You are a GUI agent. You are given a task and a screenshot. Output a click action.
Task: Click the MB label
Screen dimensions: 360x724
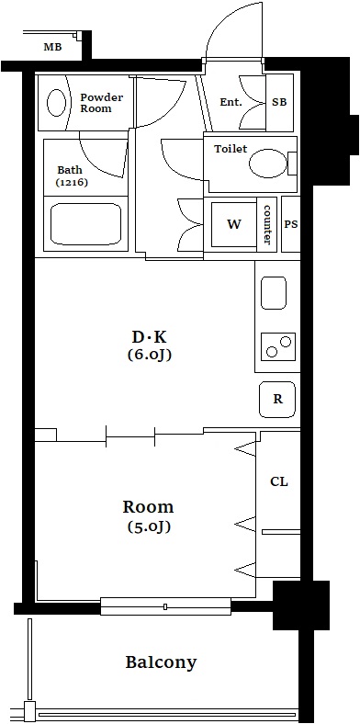click(x=52, y=47)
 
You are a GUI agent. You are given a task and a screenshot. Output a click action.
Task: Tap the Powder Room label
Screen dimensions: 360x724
click(x=102, y=103)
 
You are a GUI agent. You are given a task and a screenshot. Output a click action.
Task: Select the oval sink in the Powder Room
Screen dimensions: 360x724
click(x=57, y=103)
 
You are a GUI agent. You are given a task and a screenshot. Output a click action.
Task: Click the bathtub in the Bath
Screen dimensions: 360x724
click(x=85, y=224)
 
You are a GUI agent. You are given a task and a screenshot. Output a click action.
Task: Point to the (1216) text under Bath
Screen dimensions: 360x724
click(x=72, y=182)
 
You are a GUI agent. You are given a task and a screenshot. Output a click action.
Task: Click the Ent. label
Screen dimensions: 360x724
click(x=231, y=102)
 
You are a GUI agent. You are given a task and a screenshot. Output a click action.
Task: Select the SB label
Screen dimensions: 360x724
click(x=279, y=102)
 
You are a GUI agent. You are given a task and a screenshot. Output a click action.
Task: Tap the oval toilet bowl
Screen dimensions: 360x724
click(x=268, y=163)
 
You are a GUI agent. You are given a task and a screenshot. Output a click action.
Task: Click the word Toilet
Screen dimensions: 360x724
click(x=231, y=149)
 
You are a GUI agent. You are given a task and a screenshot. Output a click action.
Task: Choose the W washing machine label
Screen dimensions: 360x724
click(x=234, y=224)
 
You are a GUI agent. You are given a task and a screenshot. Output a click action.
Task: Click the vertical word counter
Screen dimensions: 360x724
click(x=266, y=224)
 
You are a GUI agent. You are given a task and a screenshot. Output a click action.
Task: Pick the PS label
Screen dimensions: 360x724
click(x=291, y=224)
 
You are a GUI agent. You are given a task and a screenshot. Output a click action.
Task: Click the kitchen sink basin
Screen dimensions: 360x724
click(x=274, y=293)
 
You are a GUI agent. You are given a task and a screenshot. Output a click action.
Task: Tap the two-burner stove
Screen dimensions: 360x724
click(x=278, y=346)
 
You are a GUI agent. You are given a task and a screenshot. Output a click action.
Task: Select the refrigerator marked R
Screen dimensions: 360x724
click(x=277, y=400)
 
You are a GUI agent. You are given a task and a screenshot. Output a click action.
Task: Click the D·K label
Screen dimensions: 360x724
click(x=149, y=337)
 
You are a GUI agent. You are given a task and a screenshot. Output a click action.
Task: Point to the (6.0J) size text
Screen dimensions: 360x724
click(x=149, y=355)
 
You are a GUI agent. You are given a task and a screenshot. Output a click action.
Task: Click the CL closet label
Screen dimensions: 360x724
click(x=279, y=482)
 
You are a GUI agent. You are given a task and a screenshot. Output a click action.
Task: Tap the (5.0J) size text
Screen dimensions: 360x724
click(x=149, y=526)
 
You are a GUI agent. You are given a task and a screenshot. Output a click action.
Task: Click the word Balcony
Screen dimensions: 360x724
click(x=161, y=662)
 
